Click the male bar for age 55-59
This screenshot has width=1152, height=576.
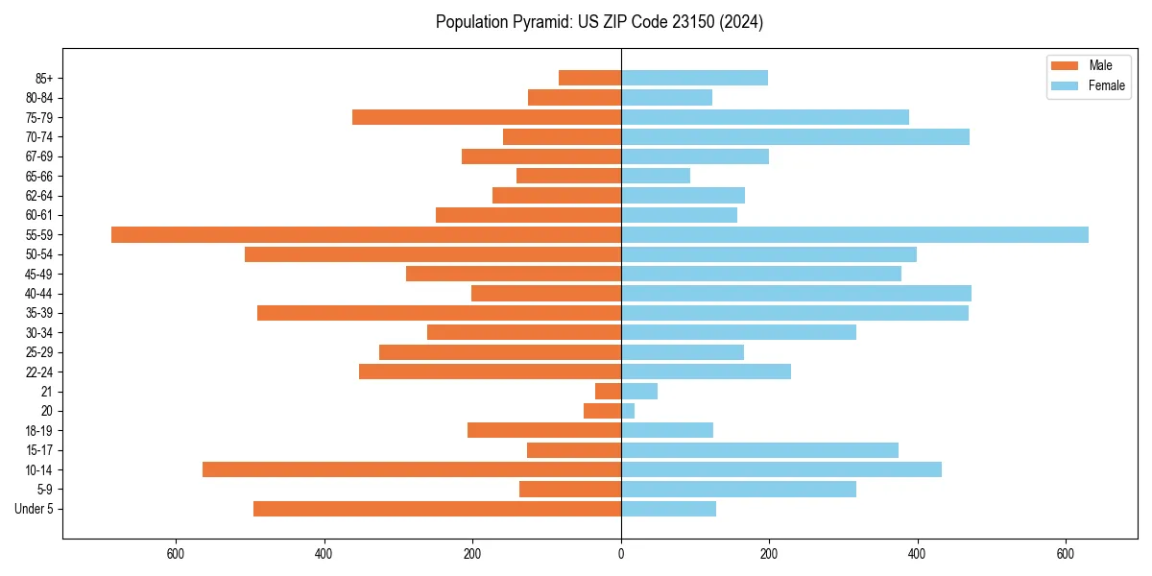(x=366, y=234)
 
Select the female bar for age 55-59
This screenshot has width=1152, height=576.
(x=854, y=234)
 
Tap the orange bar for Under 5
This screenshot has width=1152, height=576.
(x=437, y=509)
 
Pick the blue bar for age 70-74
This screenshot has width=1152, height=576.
(x=795, y=136)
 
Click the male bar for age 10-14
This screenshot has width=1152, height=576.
(x=412, y=469)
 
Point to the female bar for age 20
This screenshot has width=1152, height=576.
(x=628, y=411)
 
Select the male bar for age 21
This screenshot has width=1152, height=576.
(x=609, y=391)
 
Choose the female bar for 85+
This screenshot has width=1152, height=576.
(x=694, y=78)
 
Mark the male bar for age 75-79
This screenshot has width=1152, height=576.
(x=487, y=117)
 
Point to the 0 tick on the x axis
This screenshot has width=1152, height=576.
(x=621, y=554)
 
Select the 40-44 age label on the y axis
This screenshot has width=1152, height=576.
(x=39, y=294)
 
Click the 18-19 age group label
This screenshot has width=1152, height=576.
(x=39, y=431)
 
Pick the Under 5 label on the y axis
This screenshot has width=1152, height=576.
(x=35, y=509)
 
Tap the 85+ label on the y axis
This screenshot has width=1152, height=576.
(x=44, y=78)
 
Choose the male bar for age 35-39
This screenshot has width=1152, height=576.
(x=439, y=313)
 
